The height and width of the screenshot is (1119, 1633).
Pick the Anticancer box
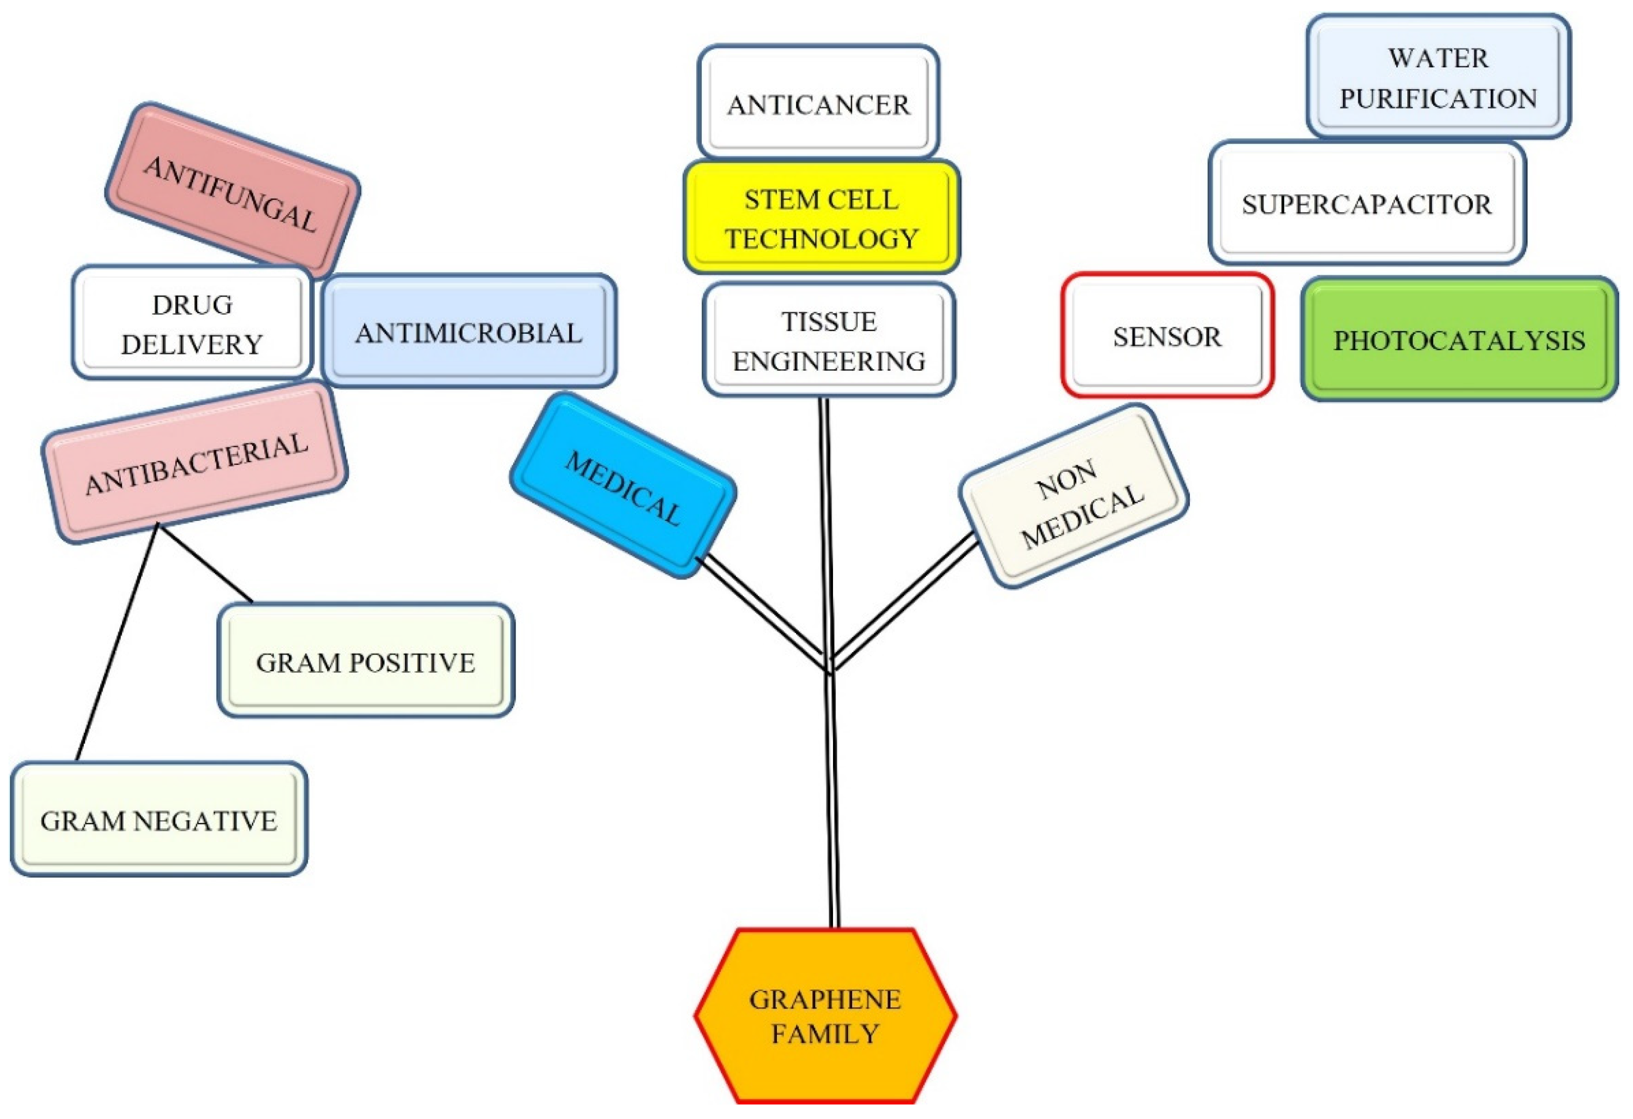point(818,104)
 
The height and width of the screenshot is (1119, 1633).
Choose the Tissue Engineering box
point(829,341)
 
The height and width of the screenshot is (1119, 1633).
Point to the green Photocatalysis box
point(1459,340)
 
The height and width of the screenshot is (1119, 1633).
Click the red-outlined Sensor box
point(1166,336)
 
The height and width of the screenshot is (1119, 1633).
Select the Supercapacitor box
point(1366,204)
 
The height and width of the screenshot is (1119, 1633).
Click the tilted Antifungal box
point(232,192)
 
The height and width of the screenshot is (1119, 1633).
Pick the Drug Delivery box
point(191,323)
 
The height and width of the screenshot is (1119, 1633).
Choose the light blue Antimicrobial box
point(468,332)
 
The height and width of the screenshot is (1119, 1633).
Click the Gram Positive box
point(365,661)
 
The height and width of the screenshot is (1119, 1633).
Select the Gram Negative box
point(159,820)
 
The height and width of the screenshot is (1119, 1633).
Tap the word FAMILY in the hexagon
point(825,1034)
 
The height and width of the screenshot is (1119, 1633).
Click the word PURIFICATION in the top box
point(1438,99)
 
